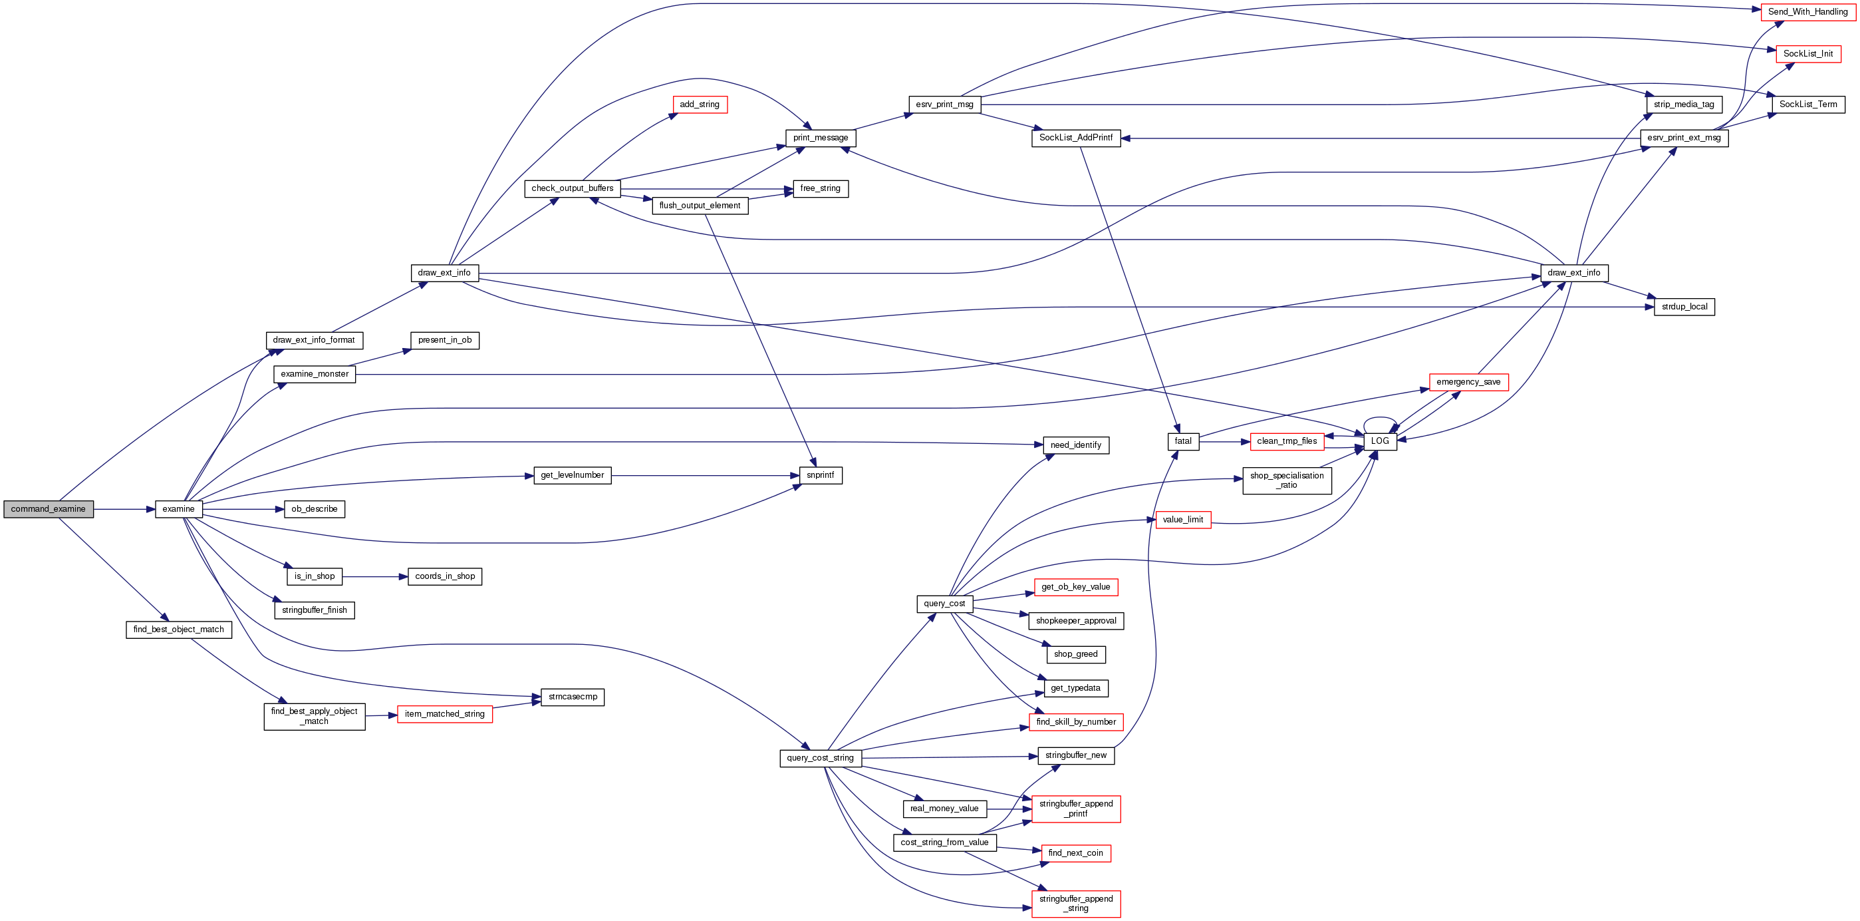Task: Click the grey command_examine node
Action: tap(49, 509)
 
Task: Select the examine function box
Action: tap(178, 509)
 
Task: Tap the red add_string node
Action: tap(699, 104)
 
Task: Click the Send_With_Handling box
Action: tap(1807, 12)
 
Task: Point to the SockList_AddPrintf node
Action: tap(1075, 138)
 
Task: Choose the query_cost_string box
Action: tap(819, 758)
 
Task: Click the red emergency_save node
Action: tap(1468, 382)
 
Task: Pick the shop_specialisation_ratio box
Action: tap(1287, 480)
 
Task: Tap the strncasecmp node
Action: tap(572, 697)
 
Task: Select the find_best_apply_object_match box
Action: tap(314, 717)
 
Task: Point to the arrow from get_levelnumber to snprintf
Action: tap(705, 476)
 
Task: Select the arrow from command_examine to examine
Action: tap(124, 509)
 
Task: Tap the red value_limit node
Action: tap(1183, 520)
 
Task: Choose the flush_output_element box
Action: tap(699, 206)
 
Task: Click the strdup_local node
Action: tap(1684, 307)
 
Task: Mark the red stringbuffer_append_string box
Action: tap(1076, 904)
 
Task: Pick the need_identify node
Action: tap(1075, 446)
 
